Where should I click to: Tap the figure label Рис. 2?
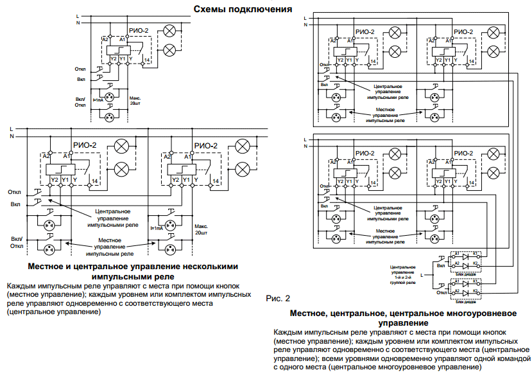click(278, 299)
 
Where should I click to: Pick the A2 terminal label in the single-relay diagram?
click(105, 40)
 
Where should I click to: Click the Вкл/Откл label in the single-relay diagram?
click(80, 102)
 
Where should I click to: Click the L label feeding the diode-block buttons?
click(422, 275)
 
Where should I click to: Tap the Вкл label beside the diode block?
click(441, 265)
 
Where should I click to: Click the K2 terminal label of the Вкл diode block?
click(476, 263)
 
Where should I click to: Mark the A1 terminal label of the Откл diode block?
click(457, 281)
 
